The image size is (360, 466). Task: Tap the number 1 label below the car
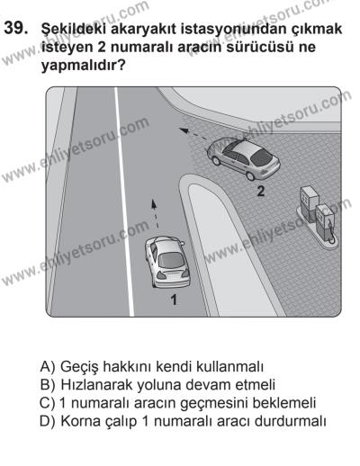[x=175, y=300]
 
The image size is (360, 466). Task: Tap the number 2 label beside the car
[x=259, y=192]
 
